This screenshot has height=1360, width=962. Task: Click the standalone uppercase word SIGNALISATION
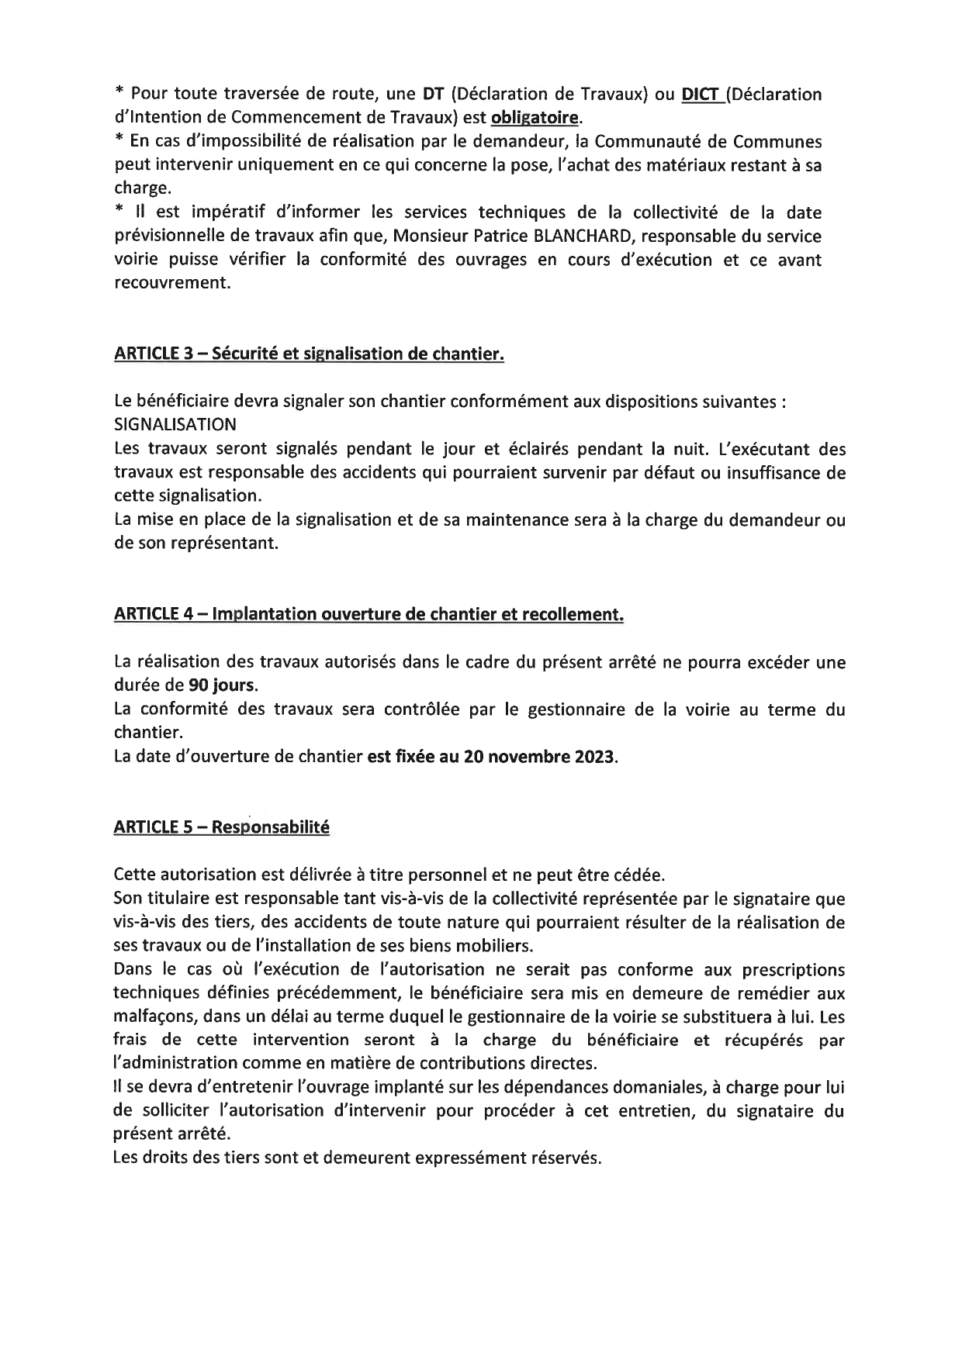tap(175, 425)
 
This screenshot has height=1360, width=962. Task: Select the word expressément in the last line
tap(465, 1158)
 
